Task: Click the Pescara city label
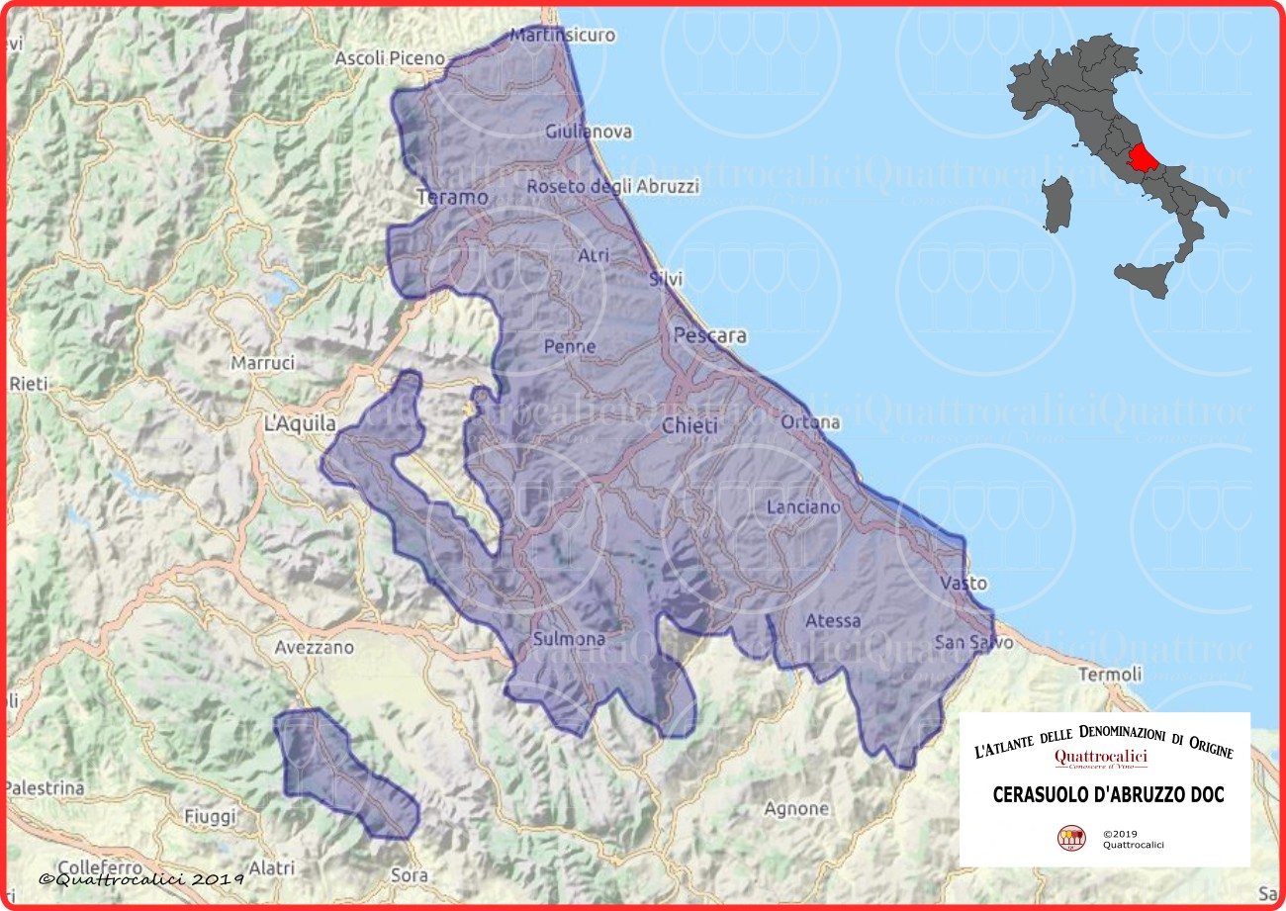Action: pos(709,335)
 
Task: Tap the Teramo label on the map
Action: pos(453,198)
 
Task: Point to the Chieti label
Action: pos(689,425)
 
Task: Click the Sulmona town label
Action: pos(569,639)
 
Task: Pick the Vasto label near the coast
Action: pos(964,583)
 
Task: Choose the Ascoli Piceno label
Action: pos(390,58)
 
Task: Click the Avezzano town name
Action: pos(314,648)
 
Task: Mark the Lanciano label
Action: pos(804,506)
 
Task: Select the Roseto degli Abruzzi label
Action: pos(612,186)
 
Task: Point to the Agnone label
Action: pos(796,808)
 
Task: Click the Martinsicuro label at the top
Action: pos(562,35)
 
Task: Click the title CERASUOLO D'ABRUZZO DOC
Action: pos(1094,795)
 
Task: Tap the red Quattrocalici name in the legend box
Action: pos(1101,757)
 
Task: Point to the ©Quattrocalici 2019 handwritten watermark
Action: pos(141,878)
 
